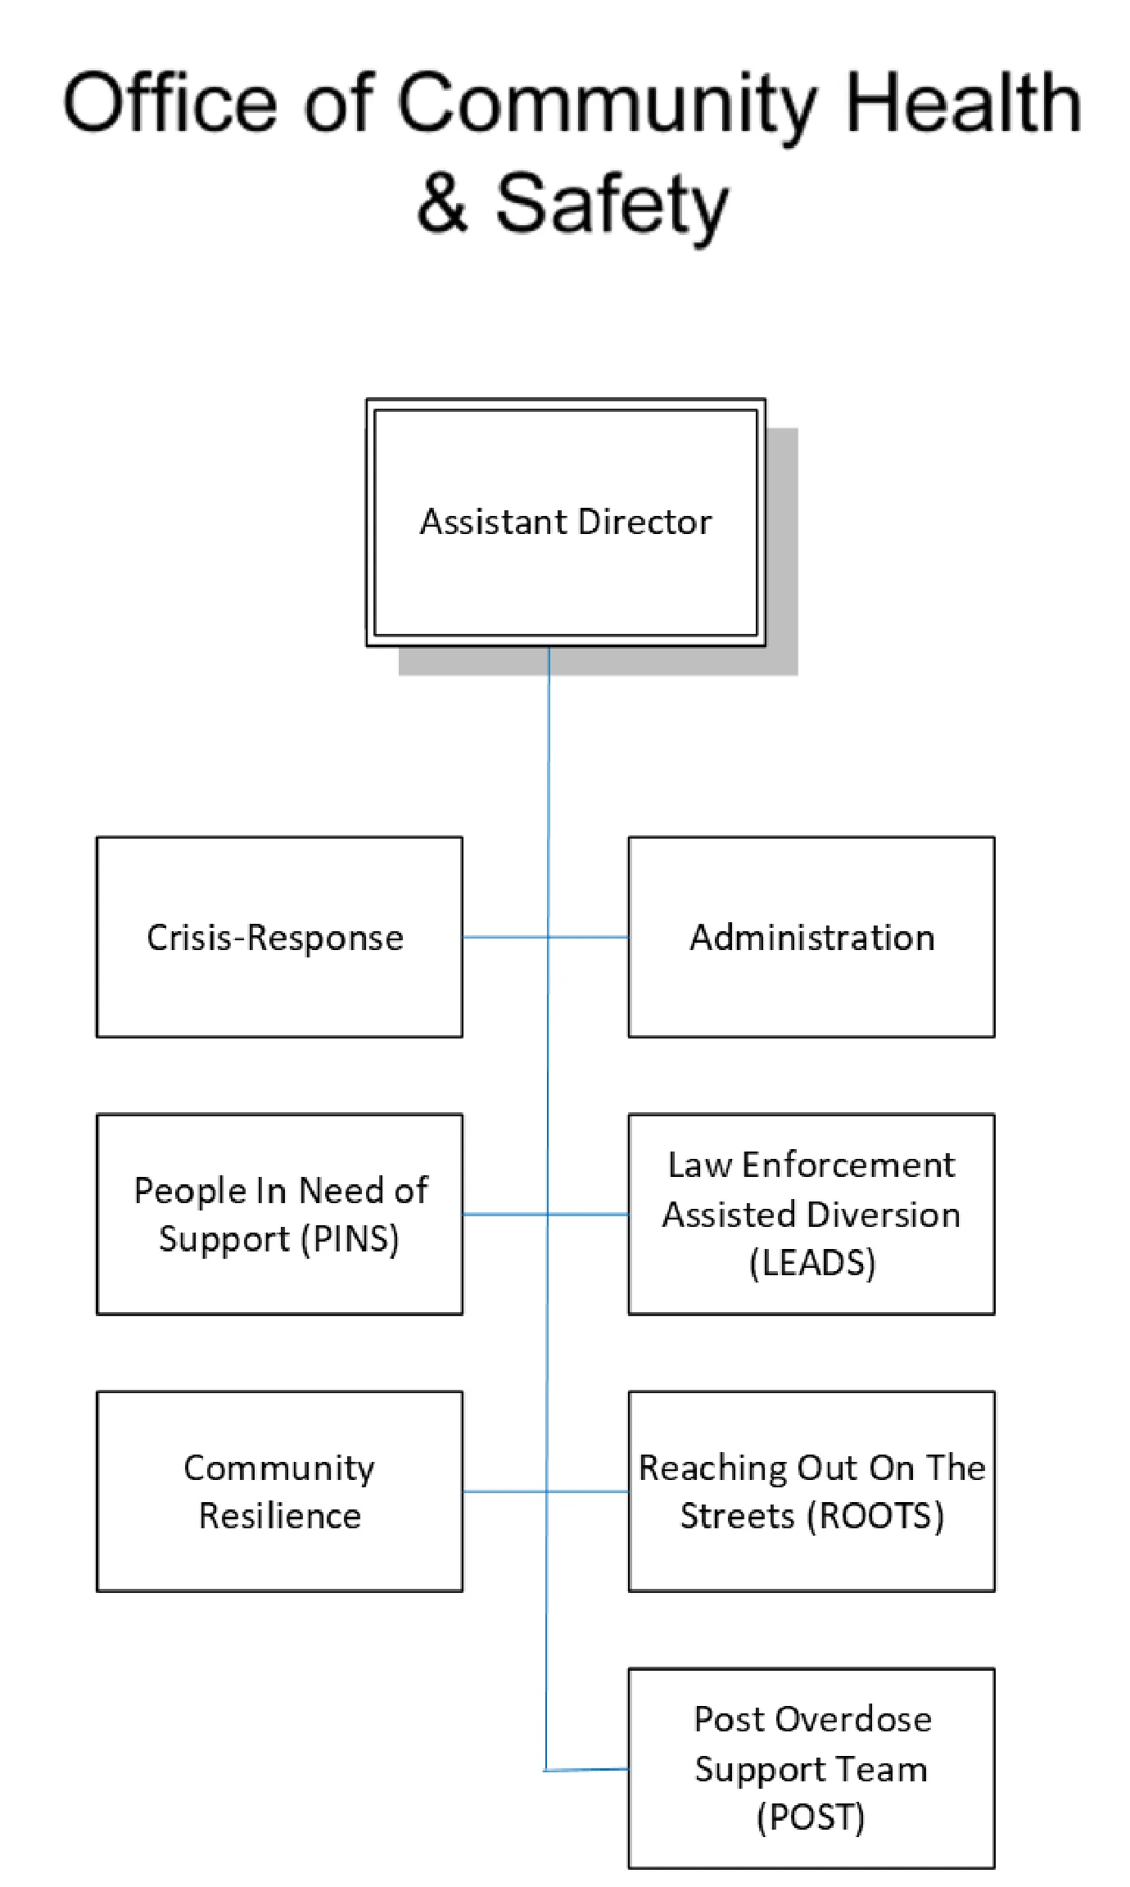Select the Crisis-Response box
279,983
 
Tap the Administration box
811,983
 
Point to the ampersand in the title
443,203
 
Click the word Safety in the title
612,205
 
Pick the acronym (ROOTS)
875,1515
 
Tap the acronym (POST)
811,1817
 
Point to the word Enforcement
847,1165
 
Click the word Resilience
279,1516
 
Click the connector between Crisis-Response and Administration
508,937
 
